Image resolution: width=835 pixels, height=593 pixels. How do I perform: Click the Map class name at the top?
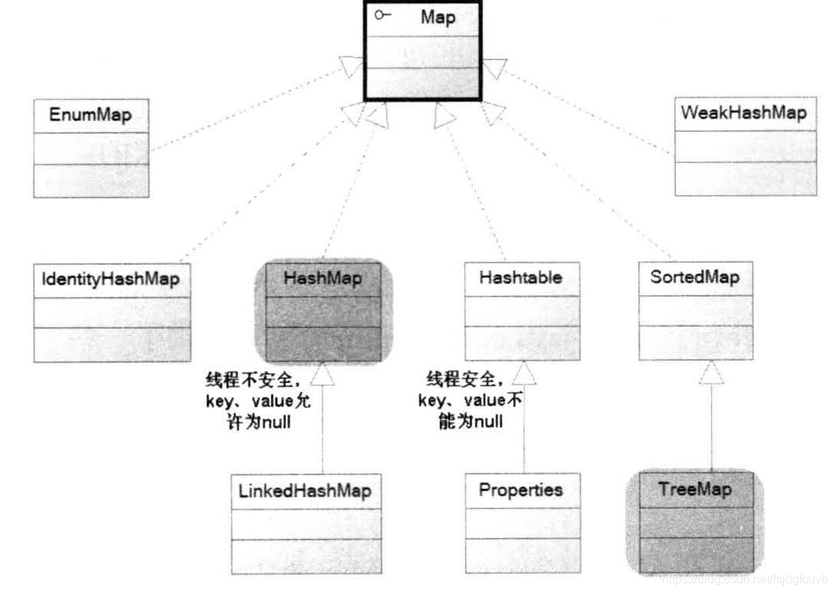coord(437,18)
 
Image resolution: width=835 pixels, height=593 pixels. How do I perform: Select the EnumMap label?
coord(90,116)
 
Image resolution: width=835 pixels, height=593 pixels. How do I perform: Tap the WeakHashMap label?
coord(744,113)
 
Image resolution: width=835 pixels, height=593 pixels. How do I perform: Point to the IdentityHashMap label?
coord(111,279)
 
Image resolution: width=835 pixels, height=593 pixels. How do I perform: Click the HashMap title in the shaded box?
coord(323,278)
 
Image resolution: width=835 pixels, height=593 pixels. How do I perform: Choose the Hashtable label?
coord(521,278)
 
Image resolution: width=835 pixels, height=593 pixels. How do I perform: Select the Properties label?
coord(521,490)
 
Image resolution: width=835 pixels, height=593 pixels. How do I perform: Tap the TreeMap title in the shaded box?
coord(695,489)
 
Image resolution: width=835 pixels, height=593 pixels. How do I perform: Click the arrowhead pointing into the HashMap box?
coord(322,373)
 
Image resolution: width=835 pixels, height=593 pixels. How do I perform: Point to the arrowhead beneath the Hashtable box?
coord(523,373)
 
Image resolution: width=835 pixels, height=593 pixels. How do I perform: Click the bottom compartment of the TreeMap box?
coord(695,554)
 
